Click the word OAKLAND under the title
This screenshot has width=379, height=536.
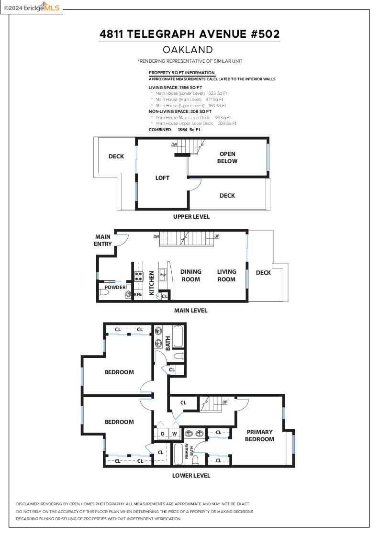pyautogui.click(x=188, y=50)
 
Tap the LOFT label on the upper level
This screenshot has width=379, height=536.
pyautogui.click(x=162, y=178)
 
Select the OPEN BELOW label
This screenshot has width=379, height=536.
pyautogui.click(x=227, y=157)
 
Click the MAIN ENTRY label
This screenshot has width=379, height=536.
pyautogui.click(x=103, y=240)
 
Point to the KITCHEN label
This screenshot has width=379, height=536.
pyautogui.click(x=152, y=283)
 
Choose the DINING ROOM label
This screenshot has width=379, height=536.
pyautogui.click(x=191, y=275)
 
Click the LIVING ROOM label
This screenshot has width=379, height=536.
pyautogui.click(x=226, y=275)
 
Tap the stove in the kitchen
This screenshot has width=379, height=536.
pyautogui.click(x=138, y=277)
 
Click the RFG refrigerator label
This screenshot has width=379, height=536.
pyautogui.click(x=138, y=294)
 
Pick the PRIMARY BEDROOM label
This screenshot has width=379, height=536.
pyautogui.click(x=259, y=435)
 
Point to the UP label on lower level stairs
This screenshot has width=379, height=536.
pyautogui.click(x=224, y=402)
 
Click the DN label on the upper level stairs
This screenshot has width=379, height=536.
pyautogui.click(x=174, y=144)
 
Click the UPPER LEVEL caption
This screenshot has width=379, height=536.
pyautogui.click(x=191, y=216)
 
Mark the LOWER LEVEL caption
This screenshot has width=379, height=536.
pyautogui.click(x=191, y=475)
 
